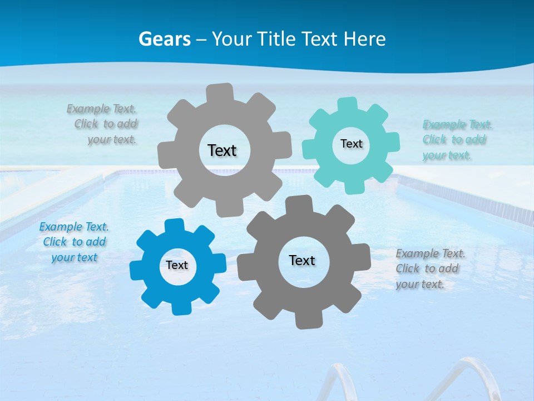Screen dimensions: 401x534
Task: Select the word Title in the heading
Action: pyautogui.click(x=275, y=39)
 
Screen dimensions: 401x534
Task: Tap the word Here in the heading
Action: pyautogui.click(x=364, y=39)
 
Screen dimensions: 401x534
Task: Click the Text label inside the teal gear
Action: pyautogui.click(x=351, y=144)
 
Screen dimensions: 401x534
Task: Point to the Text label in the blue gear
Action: pyautogui.click(x=177, y=265)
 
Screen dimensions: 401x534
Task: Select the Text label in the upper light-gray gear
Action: pyautogui.click(x=222, y=150)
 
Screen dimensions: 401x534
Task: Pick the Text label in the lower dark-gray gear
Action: pyautogui.click(x=302, y=260)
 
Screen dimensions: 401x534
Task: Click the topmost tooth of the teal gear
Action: pyautogui.click(x=347, y=104)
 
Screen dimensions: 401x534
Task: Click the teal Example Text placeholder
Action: pyautogui.click(x=457, y=140)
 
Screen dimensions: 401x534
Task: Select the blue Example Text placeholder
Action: pyautogui.click(x=74, y=242)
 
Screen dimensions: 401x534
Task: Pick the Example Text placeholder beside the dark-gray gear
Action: pyautogui.click(x=430, y=268)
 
